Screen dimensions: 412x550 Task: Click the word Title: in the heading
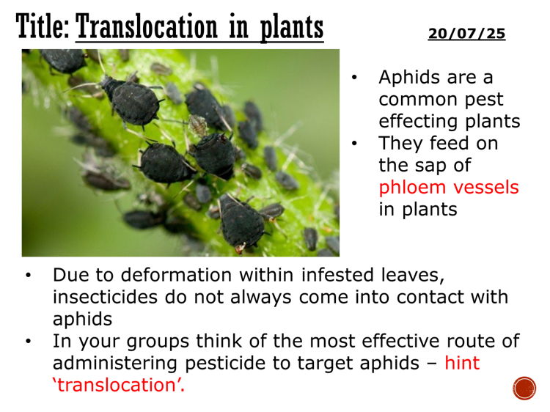[x=42, y=28]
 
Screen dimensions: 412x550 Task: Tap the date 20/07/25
[x=466, y=34]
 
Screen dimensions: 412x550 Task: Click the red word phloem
[x=409, y=187]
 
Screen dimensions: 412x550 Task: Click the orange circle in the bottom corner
[x=524, y=388]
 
